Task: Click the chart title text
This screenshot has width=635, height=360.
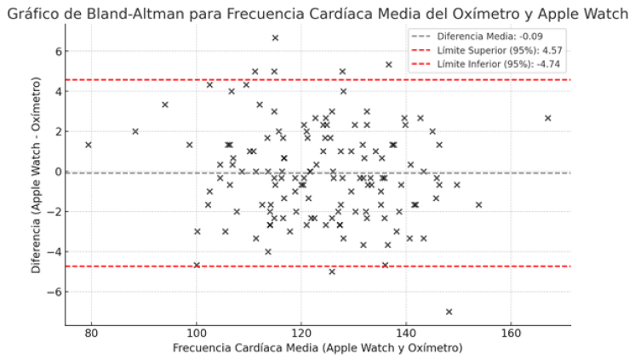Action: point(317,11)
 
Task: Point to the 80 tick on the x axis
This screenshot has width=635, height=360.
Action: point(92,333)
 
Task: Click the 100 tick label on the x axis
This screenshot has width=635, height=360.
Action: point(197,333)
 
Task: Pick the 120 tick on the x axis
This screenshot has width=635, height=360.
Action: point(300,333)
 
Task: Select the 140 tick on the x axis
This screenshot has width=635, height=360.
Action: point(405,333)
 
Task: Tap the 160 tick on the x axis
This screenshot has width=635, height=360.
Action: point(510,333)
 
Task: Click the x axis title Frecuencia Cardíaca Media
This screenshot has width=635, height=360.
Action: point(317,348)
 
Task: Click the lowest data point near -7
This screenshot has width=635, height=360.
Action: point(449,311)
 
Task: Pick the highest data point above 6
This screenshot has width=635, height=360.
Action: point(275,38)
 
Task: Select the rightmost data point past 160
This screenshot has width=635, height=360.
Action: point(547,118)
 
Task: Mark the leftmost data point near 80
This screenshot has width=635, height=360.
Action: point(89,145)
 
